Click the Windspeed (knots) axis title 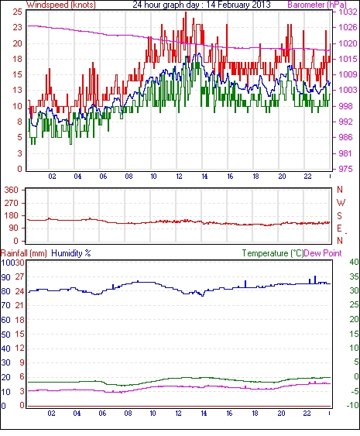click(61, 5)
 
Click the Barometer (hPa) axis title click(317, 5)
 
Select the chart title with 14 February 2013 click(201, 5)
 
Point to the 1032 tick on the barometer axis click(348, 12)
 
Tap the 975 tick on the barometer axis click(345, 169)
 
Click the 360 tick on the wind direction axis click(12, 190)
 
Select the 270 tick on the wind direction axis click(12, 203)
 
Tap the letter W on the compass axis click(341, 203)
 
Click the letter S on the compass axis click(339, 215)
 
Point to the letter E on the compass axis click(339, 228)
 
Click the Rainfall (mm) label click(24, 253)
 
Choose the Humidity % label click(71, 253)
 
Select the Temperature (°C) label click(273, 253)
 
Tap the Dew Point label click(323, 253)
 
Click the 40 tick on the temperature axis click(354, 262)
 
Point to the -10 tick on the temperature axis click(352, 405)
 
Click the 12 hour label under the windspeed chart click(179, 177)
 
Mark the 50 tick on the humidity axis click(5, 335)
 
